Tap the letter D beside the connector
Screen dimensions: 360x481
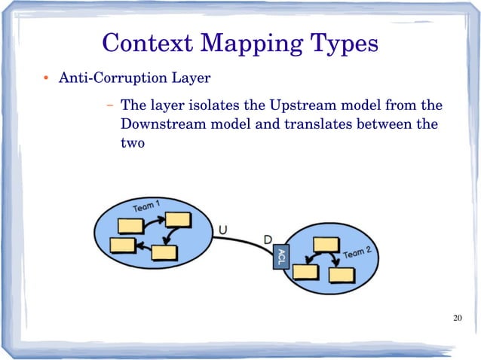point(268,239)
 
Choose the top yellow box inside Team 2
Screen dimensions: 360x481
point(326,244)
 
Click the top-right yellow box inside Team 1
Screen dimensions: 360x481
point(179,219)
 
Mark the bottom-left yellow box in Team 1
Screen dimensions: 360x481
point(122,245)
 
